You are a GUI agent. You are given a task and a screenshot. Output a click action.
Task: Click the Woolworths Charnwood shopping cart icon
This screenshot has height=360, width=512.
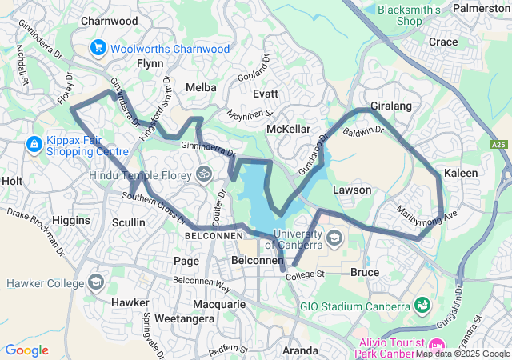[x=99, y=48]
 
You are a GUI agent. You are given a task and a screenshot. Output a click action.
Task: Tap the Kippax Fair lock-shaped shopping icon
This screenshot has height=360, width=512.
[x=34, y=144]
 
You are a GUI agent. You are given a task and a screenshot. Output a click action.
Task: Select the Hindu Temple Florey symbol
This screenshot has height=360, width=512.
[x=205, y=174]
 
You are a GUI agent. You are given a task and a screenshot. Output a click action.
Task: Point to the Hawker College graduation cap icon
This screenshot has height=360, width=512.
[x=96, y=283]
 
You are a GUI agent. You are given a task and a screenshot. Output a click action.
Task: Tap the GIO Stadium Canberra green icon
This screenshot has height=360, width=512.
[x=421, y=306]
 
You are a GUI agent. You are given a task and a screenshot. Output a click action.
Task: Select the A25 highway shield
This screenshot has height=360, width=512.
[x=498, y=145]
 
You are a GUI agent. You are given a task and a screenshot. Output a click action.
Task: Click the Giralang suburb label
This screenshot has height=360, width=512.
[x=390, y=106]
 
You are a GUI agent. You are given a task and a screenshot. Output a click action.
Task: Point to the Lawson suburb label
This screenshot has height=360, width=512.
[x=352, y=190]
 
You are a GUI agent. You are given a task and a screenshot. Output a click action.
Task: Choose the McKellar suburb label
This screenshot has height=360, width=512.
[x=288, y=129]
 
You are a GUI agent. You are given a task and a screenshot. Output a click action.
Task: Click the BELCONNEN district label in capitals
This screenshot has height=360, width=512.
[x=213, y=237]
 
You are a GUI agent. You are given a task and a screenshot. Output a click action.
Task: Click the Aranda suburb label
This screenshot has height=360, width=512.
[x=301, y=350]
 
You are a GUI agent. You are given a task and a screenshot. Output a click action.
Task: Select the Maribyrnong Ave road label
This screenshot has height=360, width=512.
[x=426, y=214]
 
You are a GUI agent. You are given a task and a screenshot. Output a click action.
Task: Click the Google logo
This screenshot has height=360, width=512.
[x=26, y=350]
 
